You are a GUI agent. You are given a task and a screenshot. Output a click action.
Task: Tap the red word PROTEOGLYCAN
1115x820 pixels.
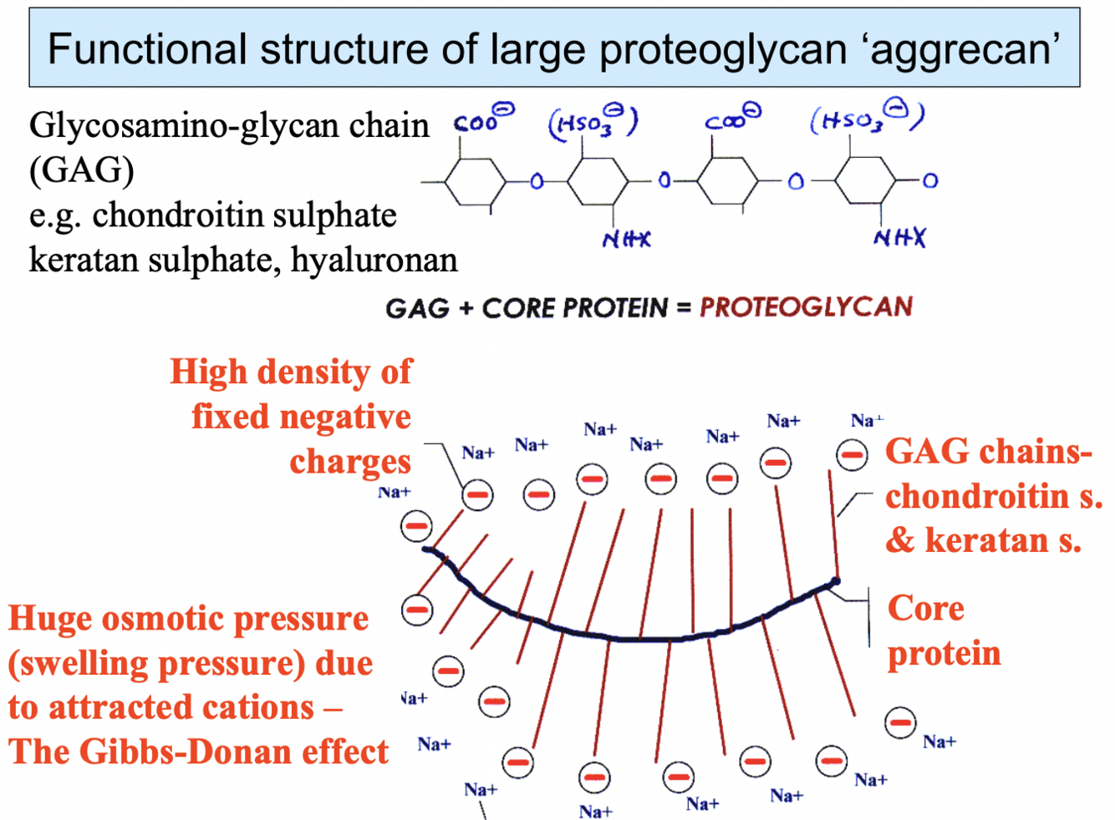tap(806, 307)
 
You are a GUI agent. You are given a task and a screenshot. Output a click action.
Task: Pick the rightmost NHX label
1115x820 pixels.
tap(899, 239)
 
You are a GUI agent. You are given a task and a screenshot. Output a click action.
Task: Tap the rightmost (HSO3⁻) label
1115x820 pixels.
tap(866, 120)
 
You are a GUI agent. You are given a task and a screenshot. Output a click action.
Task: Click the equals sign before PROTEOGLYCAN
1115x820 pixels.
tap(684, 308)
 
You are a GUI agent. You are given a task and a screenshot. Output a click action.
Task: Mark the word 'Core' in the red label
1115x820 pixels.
tap(925, 608)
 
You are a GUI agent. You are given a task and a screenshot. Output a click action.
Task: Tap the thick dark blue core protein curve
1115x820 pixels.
tap(635, 638)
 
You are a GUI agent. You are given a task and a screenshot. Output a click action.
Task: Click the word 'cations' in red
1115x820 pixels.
tap(262, 707)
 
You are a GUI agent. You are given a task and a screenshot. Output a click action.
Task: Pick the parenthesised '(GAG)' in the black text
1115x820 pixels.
tap(81, 170)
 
